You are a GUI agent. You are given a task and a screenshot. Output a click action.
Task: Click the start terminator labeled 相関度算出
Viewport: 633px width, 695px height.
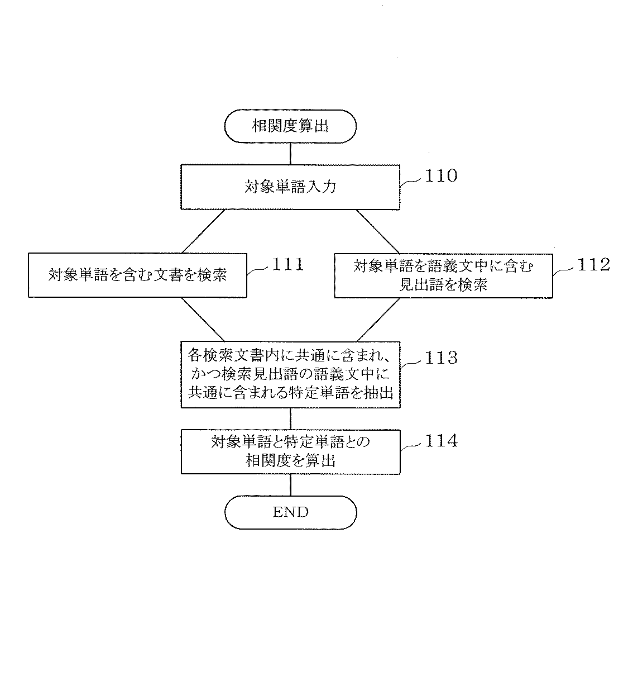click(x=290, y=126)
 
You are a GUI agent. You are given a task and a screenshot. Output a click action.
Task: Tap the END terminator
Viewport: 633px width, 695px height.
click(x=290, y=512)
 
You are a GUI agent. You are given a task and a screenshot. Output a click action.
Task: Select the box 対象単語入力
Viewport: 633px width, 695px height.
click(x=290, y=187)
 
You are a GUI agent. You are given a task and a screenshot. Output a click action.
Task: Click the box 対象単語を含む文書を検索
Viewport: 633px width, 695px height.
click(x=137, y=275)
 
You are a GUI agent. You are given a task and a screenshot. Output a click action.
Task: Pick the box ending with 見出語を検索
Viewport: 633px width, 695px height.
click(x=443, y=275)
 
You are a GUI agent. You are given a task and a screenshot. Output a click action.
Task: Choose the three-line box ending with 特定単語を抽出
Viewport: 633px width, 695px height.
click(x=290, y=374)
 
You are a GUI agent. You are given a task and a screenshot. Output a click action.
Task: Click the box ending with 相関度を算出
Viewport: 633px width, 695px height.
click(x=290, y=451)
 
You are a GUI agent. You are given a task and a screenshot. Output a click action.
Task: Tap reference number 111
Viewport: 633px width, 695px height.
click(x=288, y=264)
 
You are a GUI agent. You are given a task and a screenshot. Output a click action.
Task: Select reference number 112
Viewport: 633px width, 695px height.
click(x=593, y=264)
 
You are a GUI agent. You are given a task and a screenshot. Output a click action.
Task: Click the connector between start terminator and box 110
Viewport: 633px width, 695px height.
click(x=290, y=154)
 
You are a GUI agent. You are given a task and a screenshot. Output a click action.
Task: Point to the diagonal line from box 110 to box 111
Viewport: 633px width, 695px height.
click(x=203, y=231)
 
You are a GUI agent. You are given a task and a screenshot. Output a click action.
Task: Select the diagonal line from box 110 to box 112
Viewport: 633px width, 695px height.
click(x=378, y=231)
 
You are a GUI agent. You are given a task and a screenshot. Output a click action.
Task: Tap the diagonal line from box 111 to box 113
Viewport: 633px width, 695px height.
click(x=203, y=320)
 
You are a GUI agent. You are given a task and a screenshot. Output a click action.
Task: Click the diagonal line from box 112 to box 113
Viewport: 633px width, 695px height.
click(x=378, y=320)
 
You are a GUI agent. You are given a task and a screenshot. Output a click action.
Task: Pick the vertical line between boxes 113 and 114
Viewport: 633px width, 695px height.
click(x=290, y=418)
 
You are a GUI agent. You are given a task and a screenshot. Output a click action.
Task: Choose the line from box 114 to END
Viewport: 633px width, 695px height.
click(x=290, y=485)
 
